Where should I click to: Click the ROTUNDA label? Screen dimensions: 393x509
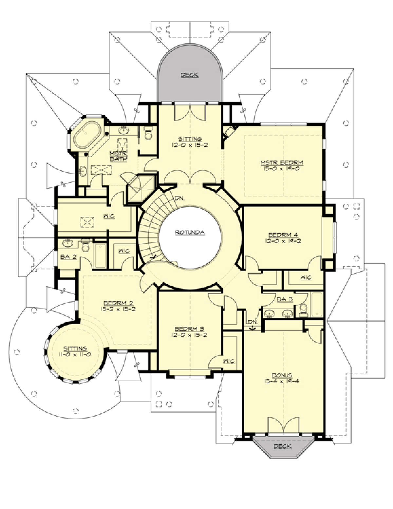tap(190, 232)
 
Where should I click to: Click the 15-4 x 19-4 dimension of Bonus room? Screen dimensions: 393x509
tap(282, 381)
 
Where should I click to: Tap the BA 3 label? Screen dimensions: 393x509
tap(285, 299)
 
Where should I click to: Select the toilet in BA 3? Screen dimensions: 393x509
tap(304, 310)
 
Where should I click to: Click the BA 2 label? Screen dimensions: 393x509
tap(68, 257)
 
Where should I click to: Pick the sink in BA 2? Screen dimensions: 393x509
tap(68, 243)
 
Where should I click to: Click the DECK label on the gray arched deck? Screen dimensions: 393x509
tap(190, 75)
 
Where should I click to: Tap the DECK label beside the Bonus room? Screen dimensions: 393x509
tap(283, 446)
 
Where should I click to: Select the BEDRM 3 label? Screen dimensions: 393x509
tap(190, 329)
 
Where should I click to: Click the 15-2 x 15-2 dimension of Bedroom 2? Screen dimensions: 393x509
tap(118, 309)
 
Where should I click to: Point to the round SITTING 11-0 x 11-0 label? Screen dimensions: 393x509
tap(75, 351)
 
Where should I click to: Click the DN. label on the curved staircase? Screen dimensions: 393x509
tap(180, 198)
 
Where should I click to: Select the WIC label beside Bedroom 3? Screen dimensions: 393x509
tap(229, 361)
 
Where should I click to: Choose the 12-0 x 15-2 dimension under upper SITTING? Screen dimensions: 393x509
tap(190, 145)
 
